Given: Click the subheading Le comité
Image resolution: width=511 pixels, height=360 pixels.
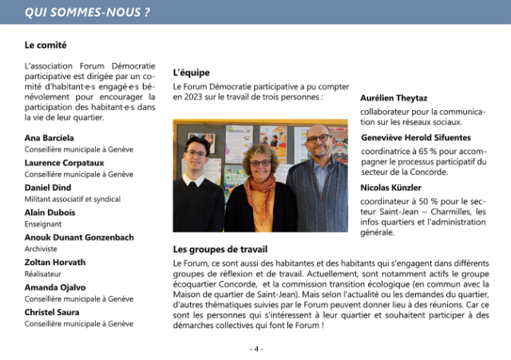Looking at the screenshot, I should pyautogui.click(x=46, y=45).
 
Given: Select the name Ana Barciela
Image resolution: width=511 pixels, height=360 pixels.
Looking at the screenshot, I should pyautogui.click(x=50, y=137).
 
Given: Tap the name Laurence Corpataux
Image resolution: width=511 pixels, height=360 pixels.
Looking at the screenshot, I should pyautogui.click(x=65, y=162).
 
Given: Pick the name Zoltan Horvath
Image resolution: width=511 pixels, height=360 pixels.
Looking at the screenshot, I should pyautogui.click(x=55, y=262).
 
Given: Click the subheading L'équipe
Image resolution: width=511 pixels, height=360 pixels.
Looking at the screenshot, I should pyautogui.click(x=191, y=73).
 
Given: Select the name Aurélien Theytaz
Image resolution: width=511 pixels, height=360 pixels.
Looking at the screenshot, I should pyautogui.click(x=398, y=97).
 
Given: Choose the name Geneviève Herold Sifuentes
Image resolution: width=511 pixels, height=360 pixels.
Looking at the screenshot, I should pyautogui.click(x=416, y=137).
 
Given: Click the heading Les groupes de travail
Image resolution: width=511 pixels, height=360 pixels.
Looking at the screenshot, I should pyautogui.click(x=220, y=249).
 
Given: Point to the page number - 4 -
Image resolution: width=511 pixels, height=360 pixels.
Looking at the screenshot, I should pyautogui.click(x=255, y=349).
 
